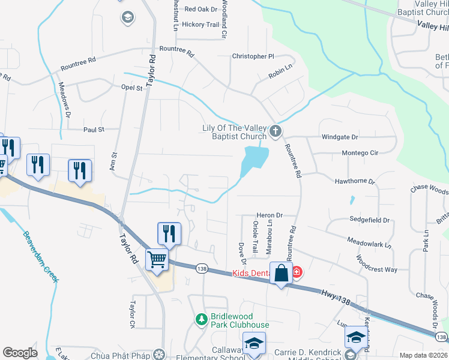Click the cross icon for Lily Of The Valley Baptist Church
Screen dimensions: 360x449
pyautogui.click(x=276, y=131)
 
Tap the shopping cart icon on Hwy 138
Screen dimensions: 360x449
pyautogui.click(x=157, y=260)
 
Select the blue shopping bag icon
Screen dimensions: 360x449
pyautogui.click(x=281, y=274)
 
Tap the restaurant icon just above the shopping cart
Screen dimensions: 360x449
pyautogui.click(x=169, y=233)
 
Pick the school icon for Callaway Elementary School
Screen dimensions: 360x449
pyautogui.click(x=254, y=344)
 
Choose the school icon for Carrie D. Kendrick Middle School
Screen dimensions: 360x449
pyautogui.click(x=355, y=338)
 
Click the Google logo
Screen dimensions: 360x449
pyautogui.click(x=20, y=353)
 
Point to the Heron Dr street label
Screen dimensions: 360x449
pyautogui.click(x=269, y=215)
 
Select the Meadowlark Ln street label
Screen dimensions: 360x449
pyautogui.click(x=369, y=243)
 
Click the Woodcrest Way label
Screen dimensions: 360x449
pyautogui.click(x=376, y=265)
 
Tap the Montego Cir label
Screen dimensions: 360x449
pyautogui.click(x=360, y=153)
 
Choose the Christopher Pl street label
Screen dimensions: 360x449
pyautogui.click(x=253, y=56)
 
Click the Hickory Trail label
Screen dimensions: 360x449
pyautogui.click(x=201, y=25)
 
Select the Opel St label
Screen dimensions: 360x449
pyautogui.click(x=131, y=88)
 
